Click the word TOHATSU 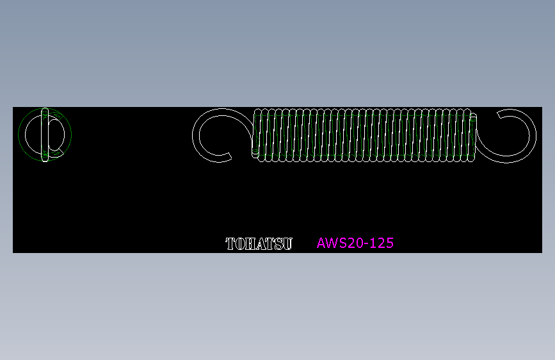[x=259, y=244]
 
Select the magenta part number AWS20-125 [x=355, y=243]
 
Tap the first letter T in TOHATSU [x=230, y=244]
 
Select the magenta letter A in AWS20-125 [x=322, y=243]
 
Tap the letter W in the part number [x=332, y=243]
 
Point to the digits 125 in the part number [x=383, y=243]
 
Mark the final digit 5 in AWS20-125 [x=390, y=243]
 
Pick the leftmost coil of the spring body [x=257, y=135]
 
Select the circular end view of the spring [x=45, y=135]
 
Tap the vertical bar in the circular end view [x=45, y=135]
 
